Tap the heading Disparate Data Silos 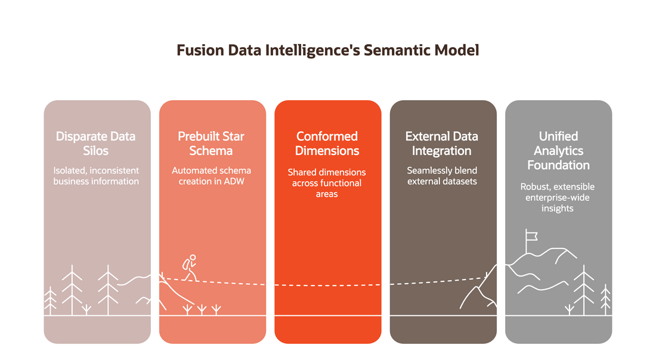pos(96,144)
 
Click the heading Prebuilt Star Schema pos(211,144)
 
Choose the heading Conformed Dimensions pos(327,144)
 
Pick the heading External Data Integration pos(442,144)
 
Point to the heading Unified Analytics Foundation pos(559,151)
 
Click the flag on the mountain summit pos(531,237)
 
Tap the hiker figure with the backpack pos(190,268)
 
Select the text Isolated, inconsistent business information pos(96,176)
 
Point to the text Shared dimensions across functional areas pos(327,183)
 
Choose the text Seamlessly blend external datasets pos(442,176)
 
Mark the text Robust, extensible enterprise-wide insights pos(558,197)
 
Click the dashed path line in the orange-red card pos(328,285)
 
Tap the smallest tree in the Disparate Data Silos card pos(50,300)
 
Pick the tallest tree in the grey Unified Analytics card pos(584,290)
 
